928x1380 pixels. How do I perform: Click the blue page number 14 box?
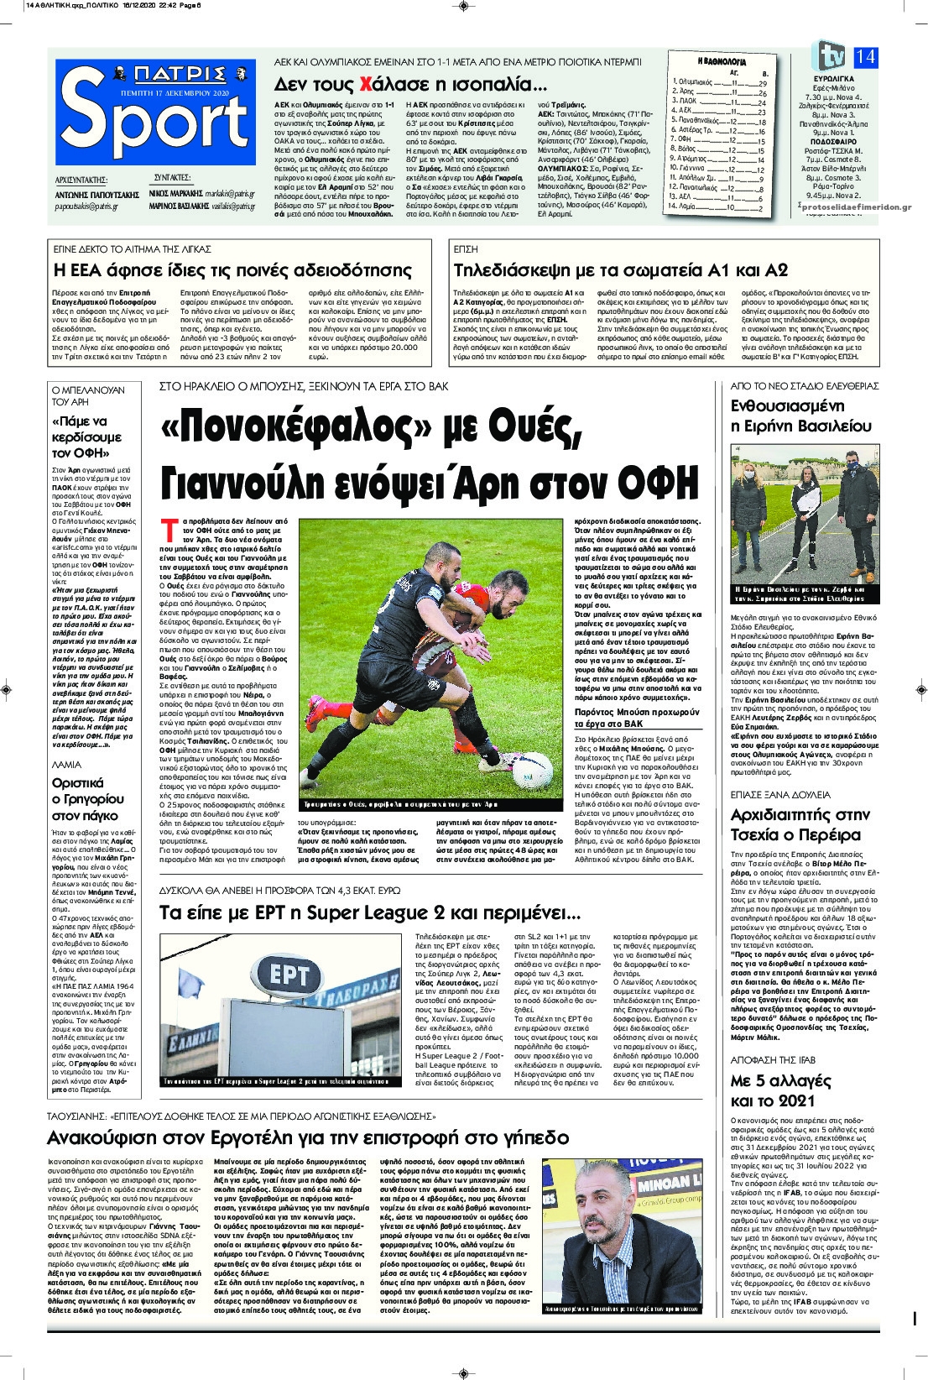(866, 57)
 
